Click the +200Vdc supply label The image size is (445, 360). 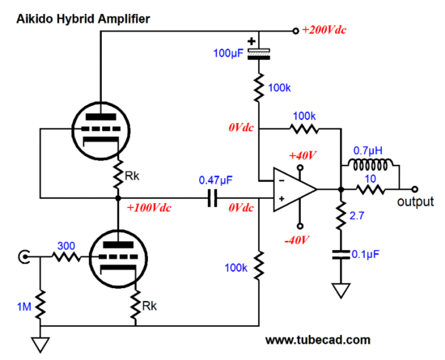coord(324,30)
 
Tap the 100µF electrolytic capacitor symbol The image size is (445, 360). coord(259,54)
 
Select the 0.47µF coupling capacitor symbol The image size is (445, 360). coord(212,198)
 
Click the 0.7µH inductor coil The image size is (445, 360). coord(371,164)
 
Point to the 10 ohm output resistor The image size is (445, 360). coord(371,189)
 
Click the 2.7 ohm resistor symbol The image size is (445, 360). coord(341,216)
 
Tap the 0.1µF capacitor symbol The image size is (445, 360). coord(341,255)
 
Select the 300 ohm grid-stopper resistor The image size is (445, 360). coord(66,257)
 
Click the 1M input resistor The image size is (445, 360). coord(40,304)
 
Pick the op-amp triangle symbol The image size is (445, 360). coord(295,189)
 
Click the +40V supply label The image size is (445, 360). coord(303,155)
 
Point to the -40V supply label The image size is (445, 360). coord(297,240)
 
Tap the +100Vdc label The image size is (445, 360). coord(149,208)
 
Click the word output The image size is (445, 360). coord(415,201)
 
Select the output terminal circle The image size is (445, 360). coord(415,189)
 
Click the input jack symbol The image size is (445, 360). coord(23,257)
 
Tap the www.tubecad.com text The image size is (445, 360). coord(318,340)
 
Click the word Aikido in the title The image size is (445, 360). coord(35,19)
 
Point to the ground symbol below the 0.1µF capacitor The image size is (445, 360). coord(341,290)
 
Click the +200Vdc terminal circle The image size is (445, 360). coord(295,31)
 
